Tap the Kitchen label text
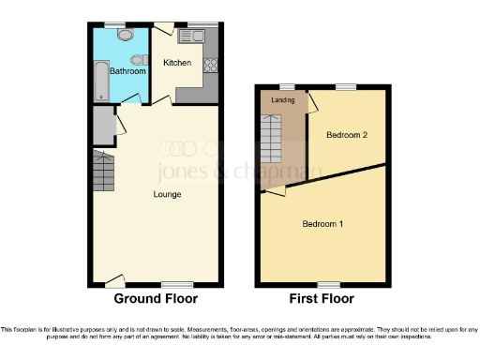pos(177,64)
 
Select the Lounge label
pos(168,194)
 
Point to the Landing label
pos(282,100)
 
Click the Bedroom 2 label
pos(346,136)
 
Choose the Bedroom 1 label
pos(322,224)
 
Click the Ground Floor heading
pos(156,299)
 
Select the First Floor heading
pos(322,299)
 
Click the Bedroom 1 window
pos(328,283)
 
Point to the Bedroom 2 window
pos(346,86)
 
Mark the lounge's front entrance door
pos(113,279)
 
